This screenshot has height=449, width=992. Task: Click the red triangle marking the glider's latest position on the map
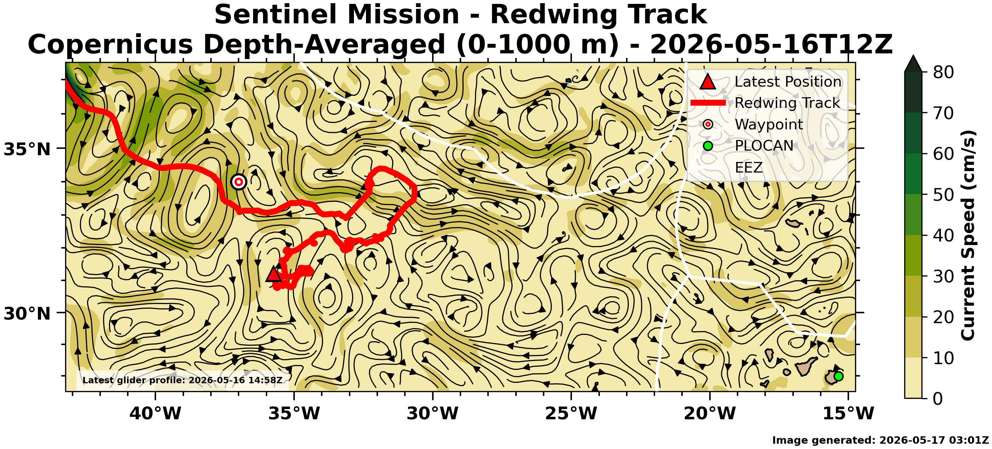274,274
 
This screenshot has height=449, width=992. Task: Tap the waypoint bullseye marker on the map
239,182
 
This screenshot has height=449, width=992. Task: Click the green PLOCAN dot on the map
838,376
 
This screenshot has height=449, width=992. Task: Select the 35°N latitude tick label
27,149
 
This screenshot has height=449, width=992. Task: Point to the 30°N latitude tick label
27,314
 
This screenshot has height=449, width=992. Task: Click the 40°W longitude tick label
155,413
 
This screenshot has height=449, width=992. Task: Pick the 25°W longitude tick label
571,413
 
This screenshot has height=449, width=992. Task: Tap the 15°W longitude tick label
848,413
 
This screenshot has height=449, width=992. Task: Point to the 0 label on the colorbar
938,398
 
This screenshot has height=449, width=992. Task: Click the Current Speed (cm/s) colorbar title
968,235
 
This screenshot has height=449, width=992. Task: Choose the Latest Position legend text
788,82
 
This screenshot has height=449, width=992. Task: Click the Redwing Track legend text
787,103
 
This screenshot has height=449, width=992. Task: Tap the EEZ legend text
749,168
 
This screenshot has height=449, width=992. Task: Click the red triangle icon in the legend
708,82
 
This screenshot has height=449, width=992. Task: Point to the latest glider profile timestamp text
183,380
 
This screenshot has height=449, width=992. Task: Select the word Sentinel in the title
279,14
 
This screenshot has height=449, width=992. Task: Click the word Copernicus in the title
110,45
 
